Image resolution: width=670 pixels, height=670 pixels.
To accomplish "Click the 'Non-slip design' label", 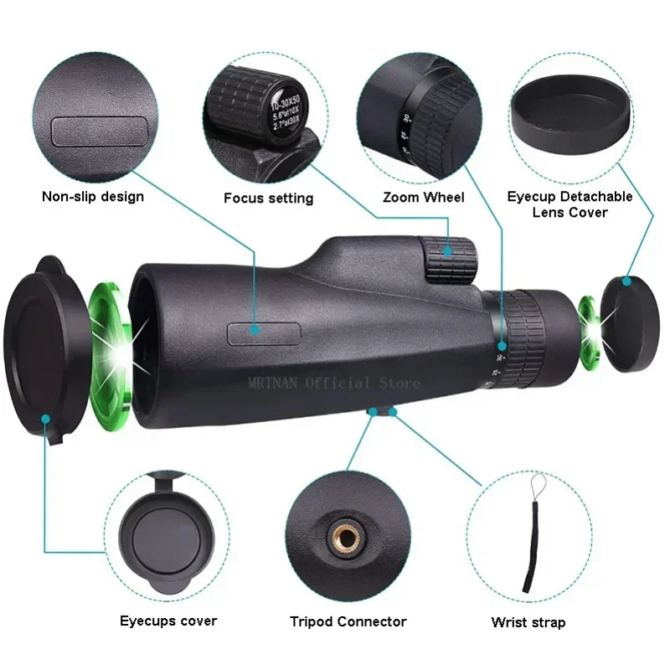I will [93, 197].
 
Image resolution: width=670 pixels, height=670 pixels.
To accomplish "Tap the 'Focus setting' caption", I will [268, 198].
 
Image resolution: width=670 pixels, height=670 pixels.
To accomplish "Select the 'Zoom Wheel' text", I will [423, 198].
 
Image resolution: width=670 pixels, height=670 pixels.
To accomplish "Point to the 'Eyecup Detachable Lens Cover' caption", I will [569, 204].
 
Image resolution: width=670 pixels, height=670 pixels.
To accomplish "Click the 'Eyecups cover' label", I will [168, 621].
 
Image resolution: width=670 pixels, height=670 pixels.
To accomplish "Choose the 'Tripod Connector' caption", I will [348, 621].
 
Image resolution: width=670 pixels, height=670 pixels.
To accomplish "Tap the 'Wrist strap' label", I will [528, 622].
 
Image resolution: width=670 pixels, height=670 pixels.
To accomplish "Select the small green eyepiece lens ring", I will [590, 333].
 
